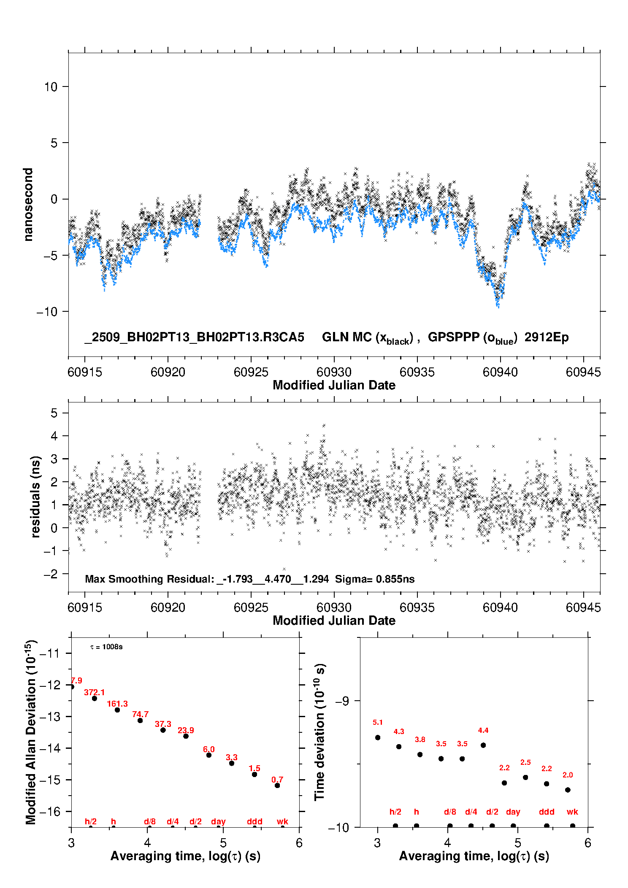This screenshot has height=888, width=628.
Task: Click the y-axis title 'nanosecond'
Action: point(28,205)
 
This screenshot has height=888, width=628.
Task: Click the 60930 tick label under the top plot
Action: point(334,372)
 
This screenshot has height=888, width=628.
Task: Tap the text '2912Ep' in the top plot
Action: point(547,337)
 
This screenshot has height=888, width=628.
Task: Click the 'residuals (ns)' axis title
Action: point(35,497)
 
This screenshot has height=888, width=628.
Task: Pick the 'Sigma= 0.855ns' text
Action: point(375,579)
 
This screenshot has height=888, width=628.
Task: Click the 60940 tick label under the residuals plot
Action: point(500,607)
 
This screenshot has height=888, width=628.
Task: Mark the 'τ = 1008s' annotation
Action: point(106,647)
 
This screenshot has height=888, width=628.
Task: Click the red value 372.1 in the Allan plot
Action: point(94,692)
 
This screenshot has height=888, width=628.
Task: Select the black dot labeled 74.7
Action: point(140,721)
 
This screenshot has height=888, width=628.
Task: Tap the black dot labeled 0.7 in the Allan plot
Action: point(277,785)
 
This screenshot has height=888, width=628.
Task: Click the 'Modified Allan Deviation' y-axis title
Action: point(31,732)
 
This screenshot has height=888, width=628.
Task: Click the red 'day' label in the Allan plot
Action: point(218,821)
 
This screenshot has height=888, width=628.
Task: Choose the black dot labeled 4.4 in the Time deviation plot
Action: point(483,745)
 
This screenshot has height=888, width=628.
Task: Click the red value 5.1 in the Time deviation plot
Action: point(378,723)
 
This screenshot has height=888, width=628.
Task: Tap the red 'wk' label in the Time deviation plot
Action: point(572,812)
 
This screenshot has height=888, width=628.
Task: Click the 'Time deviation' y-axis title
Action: point(319,732)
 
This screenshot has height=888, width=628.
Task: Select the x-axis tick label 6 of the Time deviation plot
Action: point(587,843)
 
